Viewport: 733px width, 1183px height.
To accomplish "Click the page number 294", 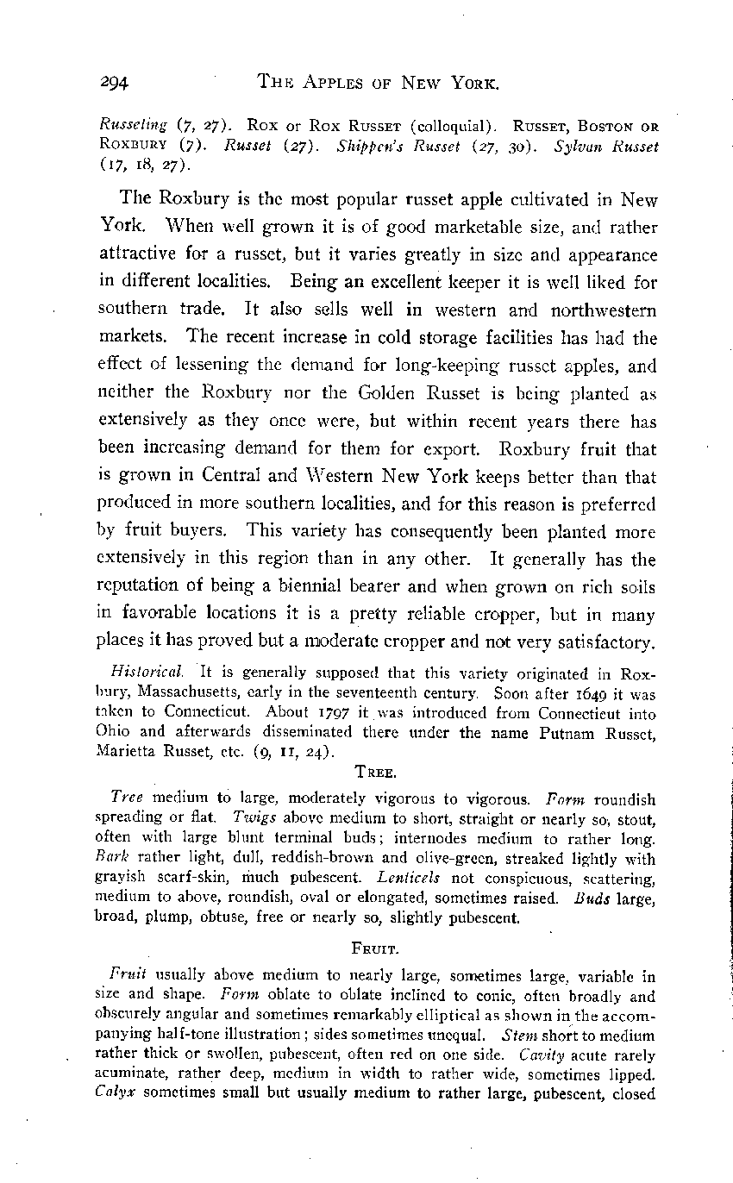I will pyautogui.click(x=112, y=83).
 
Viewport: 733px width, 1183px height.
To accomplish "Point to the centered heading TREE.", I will pyautogui.click(x=379, y=772).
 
